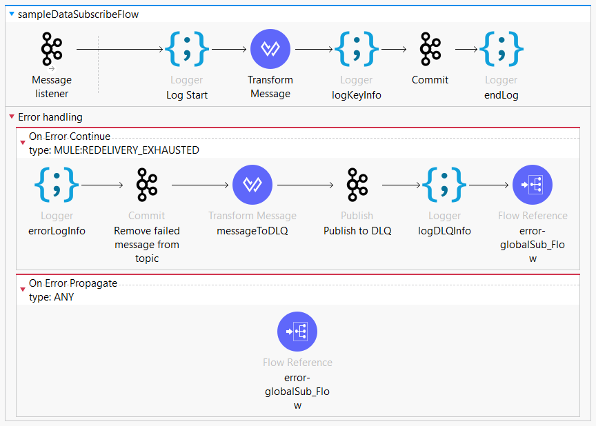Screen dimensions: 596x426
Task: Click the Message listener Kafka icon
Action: click(52, 49)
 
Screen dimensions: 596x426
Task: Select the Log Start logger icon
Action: click(187, 49)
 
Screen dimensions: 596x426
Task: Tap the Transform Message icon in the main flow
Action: click(270, 49)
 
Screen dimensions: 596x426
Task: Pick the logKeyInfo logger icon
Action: click(357, 49)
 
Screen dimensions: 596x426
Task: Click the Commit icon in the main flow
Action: click(430, 49)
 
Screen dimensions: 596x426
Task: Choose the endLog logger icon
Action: click(501, 49)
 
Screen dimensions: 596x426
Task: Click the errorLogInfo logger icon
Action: click(57, 185)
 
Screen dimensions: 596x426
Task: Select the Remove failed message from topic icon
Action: click(147, 185)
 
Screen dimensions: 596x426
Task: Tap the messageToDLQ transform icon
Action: click(252, 185)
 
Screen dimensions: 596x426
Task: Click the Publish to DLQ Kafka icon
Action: click(357, 185)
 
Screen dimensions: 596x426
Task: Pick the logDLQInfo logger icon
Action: click(444, 185)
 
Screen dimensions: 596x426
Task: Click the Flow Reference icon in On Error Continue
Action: click(533, 185)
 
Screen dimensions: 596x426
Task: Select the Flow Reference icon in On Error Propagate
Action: click(297, 332)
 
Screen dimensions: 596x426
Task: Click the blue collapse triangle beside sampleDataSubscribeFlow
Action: click(12, 14)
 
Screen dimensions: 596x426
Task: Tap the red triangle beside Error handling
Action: click(12, 116)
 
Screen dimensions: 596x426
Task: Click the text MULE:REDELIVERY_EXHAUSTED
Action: click(126, 150)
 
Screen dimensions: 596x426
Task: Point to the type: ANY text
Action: click(52, 297)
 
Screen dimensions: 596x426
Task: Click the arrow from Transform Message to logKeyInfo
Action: click(314, 49)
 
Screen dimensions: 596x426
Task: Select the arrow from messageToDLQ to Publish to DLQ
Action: click(306, 185)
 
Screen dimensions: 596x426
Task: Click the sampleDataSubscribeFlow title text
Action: click(79, 14)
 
